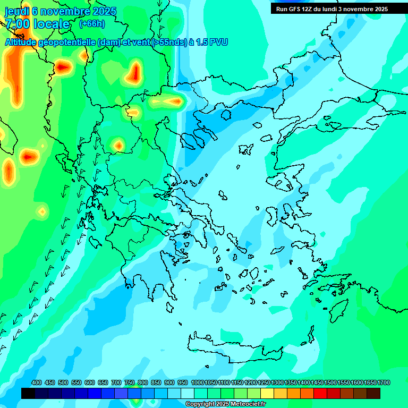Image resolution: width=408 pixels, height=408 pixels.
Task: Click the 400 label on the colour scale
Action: [37, 382]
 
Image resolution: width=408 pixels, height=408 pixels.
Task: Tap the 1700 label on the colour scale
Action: [384, 382]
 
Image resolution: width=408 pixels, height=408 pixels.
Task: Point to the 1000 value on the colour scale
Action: [198, 382]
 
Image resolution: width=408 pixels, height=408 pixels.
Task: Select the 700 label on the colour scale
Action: [116, 382]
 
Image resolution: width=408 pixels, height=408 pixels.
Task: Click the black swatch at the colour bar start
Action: [28, 394]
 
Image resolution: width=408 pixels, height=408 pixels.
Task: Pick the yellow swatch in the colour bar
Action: [267, 394]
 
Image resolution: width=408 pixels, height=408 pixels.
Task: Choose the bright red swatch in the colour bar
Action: [320, 394]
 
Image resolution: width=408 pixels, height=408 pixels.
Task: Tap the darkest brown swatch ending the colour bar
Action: [373, 394]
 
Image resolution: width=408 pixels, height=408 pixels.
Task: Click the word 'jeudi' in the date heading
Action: [17, 11]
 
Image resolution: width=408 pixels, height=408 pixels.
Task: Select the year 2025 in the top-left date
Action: [93, 11]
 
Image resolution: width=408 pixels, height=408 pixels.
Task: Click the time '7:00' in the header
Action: [18, 24]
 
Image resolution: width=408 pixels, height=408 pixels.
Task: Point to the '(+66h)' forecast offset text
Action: [92, 23]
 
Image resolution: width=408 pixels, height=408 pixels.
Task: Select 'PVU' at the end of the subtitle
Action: [218, 42]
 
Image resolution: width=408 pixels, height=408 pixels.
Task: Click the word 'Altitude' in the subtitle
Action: [21, 42]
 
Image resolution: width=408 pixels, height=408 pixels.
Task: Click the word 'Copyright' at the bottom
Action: [201, 404]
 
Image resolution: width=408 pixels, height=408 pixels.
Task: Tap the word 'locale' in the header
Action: [51, 24]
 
